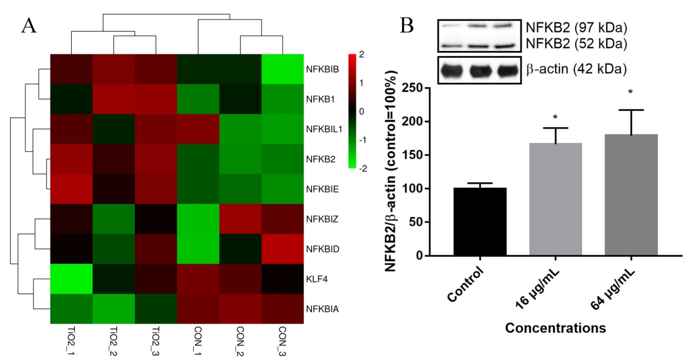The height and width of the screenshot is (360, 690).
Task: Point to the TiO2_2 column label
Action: coord(113,341)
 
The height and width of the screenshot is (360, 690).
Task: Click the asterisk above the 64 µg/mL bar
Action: coord(630,92)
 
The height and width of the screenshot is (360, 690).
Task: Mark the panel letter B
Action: coord(407,25)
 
